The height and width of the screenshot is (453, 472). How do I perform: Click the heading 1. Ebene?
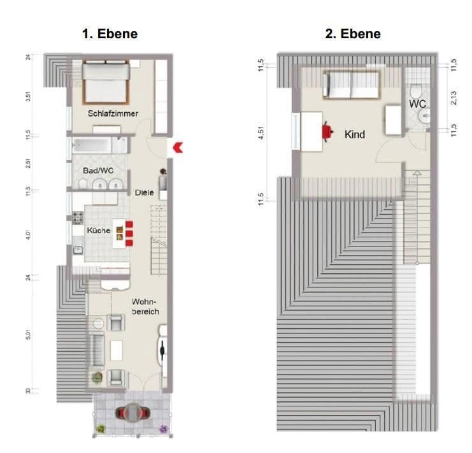(110, 34)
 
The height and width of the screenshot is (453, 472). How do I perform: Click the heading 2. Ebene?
(353, 34)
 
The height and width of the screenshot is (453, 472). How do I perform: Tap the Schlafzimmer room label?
(113, 113)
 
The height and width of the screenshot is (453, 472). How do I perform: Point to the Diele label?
(144, 192)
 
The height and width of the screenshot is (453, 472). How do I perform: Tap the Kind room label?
(354, 134)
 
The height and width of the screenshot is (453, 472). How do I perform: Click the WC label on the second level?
(417, 103)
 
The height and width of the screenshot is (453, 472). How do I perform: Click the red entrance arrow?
(178, 148)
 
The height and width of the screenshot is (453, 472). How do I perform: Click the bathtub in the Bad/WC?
(99, 145)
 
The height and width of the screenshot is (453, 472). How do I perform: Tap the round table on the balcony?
(133, 413)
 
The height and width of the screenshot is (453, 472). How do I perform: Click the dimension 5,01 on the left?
(28, 334)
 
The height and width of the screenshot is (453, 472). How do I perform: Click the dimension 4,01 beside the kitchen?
(28, 233)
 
